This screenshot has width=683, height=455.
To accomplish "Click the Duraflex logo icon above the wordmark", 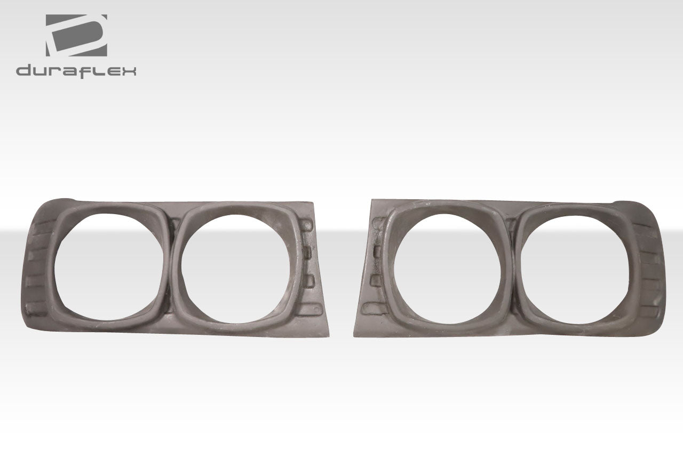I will point(76,35).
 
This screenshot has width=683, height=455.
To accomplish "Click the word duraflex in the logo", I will point(76,71).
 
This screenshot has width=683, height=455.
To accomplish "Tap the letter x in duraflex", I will point(129,71).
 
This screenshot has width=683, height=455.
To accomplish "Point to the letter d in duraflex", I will point(23,70).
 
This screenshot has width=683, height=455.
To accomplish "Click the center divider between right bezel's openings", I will point(510,267).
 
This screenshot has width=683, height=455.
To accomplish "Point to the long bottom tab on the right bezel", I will point(372,309).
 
